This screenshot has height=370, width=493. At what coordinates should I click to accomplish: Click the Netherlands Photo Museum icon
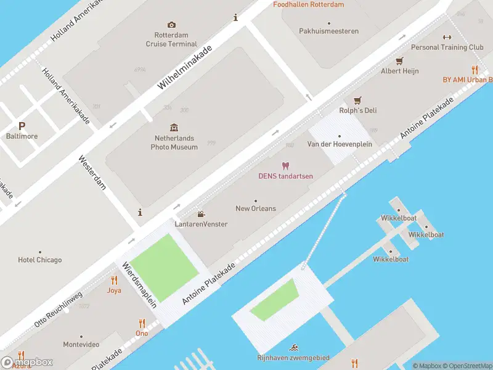click(174, 128)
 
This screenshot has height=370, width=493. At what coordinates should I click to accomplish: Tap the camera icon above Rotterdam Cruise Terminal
click(171, 25)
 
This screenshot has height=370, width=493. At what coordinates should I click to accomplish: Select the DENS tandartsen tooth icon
click(285, 165)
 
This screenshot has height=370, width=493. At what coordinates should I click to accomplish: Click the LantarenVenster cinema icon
click(201, 214)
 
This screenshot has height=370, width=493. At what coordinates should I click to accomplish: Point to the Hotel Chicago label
click(40, 260)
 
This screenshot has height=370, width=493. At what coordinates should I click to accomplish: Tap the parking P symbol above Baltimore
click(22, 126)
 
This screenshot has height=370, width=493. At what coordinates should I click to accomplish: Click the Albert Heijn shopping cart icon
click(399, 60)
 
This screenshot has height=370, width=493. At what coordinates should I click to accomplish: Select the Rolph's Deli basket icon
click(357, 100)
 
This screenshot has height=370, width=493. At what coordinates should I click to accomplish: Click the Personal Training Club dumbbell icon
click(447, 37)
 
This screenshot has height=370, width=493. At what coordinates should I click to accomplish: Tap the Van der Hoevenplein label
click(339, 144)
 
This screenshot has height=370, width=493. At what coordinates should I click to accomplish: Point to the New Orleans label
click(256, 208)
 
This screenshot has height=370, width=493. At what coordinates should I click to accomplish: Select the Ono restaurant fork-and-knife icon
click(142, 323)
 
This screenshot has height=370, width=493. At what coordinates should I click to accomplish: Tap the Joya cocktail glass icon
click(114, 280)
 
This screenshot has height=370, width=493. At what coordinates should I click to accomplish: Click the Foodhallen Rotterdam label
click(308, 4)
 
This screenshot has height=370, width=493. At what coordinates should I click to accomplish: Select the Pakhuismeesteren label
click(328, 31)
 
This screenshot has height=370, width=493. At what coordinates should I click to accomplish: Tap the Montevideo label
click(81, 344)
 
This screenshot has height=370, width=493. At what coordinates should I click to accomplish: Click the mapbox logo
click(27, 363)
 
